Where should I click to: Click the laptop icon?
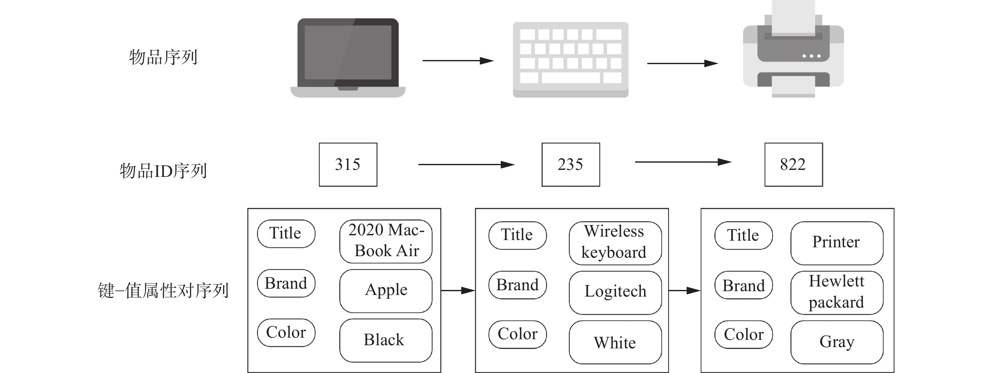point(348,58)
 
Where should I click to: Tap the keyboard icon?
point(570,59)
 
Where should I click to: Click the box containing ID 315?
point(348,165)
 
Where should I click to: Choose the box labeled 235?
point(570,165)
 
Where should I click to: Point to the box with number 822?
point(793,165)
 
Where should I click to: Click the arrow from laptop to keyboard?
point(458,61)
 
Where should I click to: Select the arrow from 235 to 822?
point(683,162)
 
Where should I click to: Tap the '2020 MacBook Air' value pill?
point(386,241)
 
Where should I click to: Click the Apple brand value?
point(386,290)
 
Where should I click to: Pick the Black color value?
point(386,340)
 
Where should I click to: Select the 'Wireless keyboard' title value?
point(615,243)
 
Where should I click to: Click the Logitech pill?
point(615,292)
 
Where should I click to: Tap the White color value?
point(615,342)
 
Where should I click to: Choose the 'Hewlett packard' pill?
point(837,292)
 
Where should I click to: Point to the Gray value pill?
point(837,342)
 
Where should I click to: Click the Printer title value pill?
point(837,243)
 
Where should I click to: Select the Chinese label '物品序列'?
point(163,57)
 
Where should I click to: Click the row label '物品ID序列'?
point(163,171)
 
